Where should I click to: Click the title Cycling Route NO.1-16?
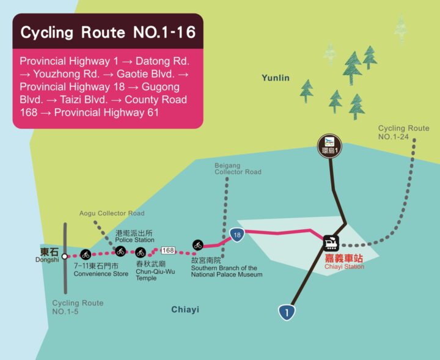[x=108, y=32]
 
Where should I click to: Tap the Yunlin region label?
[x=275, y=78]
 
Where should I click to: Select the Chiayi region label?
[x=185, y=310]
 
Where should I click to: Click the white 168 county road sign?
[x=168, y=250]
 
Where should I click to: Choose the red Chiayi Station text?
[x=344, y=267]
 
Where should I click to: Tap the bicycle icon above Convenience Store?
[x=86, y=254]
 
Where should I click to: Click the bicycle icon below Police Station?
[x=120, y=251]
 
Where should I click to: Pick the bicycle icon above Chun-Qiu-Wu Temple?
[x=141, y=252]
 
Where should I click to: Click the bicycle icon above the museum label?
[x=197, y=245]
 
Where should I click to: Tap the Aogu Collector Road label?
[x=112, y=213]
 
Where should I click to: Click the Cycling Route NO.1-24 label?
[x=403, y=133]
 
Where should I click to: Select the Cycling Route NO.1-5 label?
[x=78, y=307]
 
